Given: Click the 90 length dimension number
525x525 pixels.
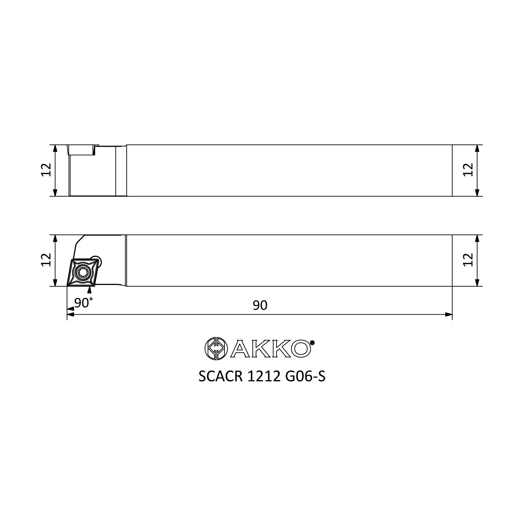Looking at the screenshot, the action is [x=260, y=306].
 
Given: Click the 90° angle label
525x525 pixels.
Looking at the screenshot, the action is [x=83, y=303].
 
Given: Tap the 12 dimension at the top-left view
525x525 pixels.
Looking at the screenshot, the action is [x=46, y=170].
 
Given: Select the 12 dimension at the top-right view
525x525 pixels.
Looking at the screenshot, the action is [x=468, y=170].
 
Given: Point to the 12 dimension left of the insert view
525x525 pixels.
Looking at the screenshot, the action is [x=46, y=260].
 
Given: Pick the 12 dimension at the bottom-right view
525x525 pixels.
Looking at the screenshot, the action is [x=468, y=260].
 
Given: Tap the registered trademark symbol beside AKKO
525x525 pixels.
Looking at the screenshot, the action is [x=312, y=343].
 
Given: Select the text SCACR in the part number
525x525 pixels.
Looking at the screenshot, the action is [x=220, y=376].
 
